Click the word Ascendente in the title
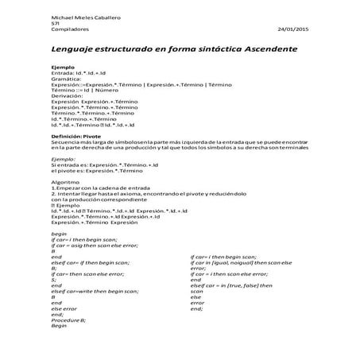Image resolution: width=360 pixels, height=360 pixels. point(262,49)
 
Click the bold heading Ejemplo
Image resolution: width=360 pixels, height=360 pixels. point(63,68)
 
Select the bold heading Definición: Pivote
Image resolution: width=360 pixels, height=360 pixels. point(80,137)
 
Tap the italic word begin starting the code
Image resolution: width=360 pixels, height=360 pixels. point(59,234)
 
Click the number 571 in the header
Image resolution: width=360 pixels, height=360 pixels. point(55,23)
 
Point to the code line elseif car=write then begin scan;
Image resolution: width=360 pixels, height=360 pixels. point(101,291)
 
